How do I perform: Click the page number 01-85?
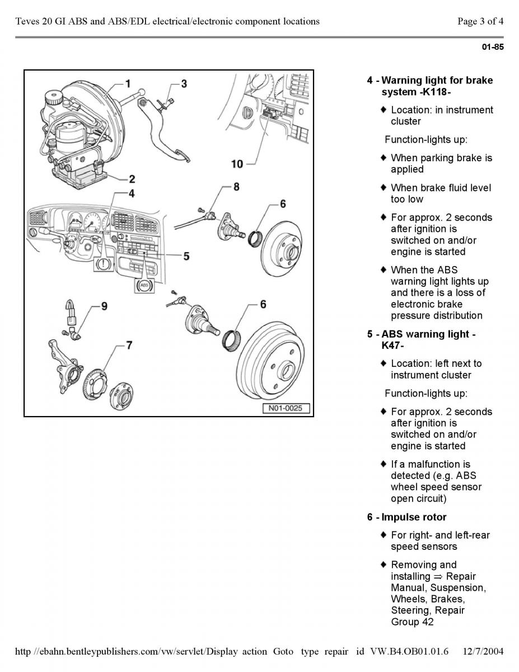tap(493, 47)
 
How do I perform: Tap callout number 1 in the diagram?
tap(128, 85)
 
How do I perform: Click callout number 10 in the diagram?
tap(237, 164)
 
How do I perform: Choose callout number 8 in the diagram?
tap(236, 186)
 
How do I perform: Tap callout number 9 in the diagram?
tap(104, 306)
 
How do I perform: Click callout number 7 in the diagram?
tap(129, 345)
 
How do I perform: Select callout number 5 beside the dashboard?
tap(185, 256)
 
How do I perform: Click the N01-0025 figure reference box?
tap(286, 408)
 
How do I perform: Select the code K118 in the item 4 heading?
tap(435, 92)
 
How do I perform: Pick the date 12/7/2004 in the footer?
tap(484, 651)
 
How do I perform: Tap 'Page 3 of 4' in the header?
tap(480, 22)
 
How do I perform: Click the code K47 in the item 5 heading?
tap(392, 346)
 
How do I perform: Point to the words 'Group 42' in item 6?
tap(412, 622)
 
